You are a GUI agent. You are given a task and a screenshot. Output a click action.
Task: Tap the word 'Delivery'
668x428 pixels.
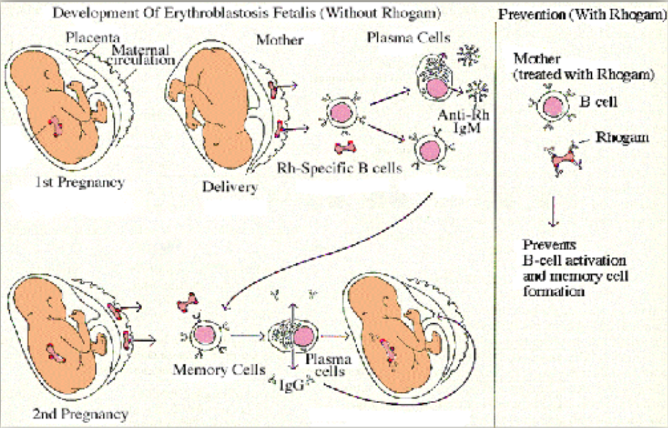[230, 187]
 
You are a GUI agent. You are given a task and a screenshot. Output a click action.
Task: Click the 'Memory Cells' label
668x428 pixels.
[211, 370]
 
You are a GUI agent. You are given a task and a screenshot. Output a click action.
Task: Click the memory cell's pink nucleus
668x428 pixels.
[203, 334]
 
